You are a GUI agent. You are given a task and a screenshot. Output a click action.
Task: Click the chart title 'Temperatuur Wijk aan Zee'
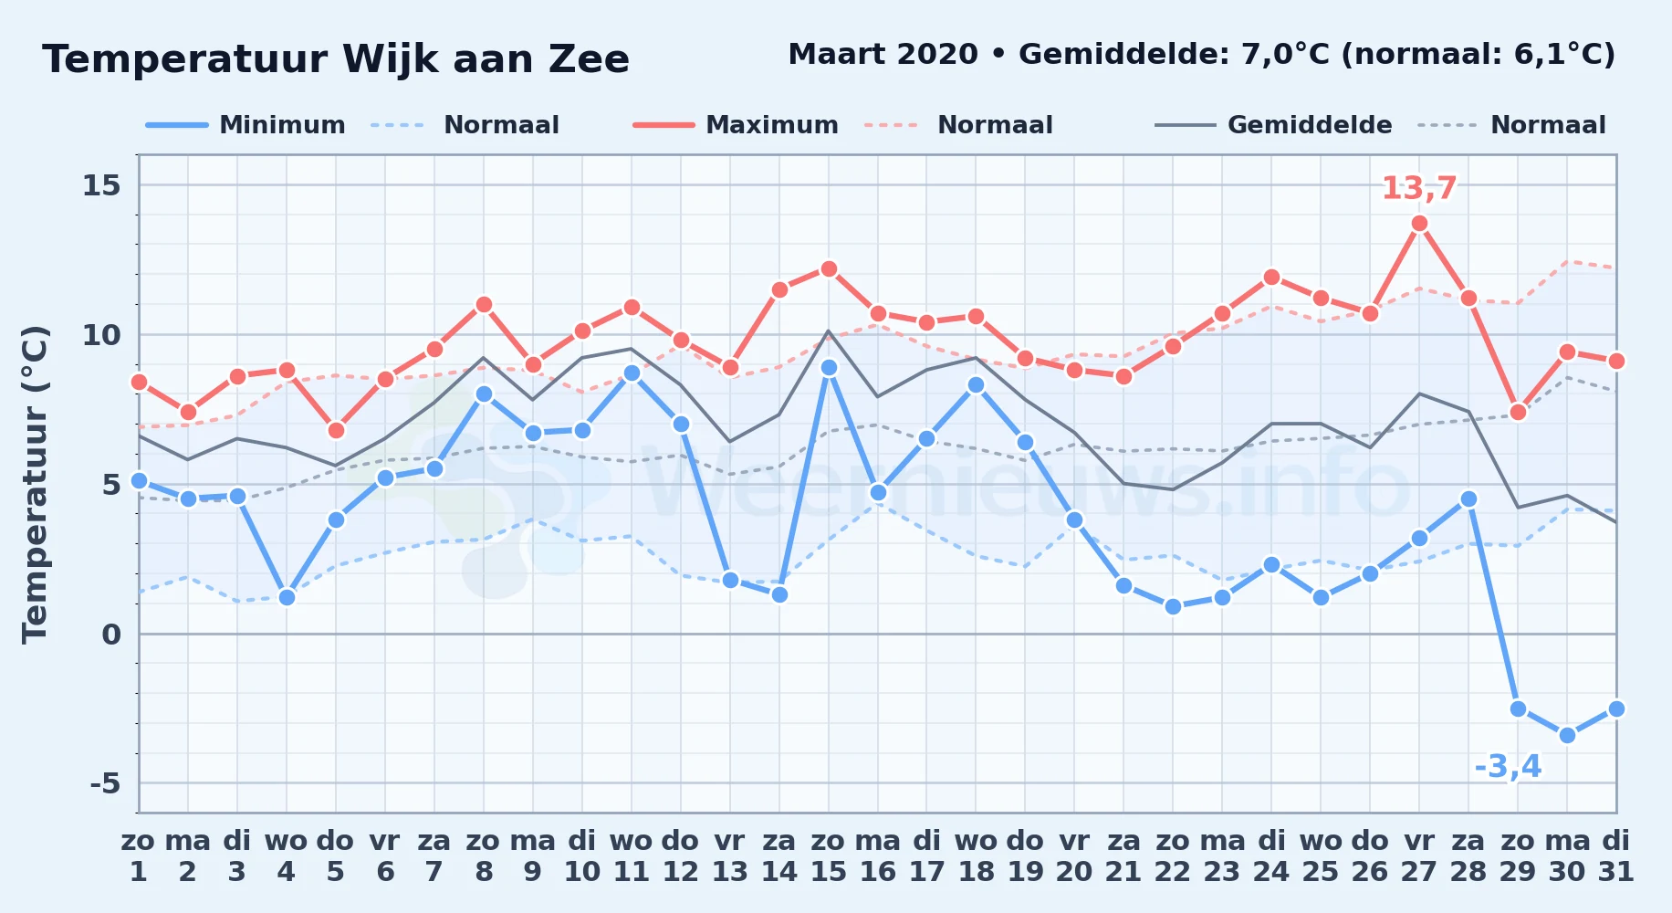point(336,59)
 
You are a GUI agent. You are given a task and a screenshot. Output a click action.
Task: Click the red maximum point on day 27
point(1419,224)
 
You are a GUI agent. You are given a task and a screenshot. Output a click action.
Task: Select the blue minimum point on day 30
point(1567,735)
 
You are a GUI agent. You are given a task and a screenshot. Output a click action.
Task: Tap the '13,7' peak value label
point(1419,188)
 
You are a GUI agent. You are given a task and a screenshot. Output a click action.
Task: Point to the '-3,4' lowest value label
point(1508,767)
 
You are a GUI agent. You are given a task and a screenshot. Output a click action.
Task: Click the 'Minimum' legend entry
point(246,125)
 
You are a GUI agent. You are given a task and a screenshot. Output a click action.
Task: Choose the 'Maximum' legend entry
point(736,125)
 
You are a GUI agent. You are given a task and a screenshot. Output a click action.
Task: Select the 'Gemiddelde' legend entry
point(1273,125)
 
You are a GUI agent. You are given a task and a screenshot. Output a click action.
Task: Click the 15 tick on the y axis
point(101,185)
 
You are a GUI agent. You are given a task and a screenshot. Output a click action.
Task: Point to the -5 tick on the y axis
point(105,783)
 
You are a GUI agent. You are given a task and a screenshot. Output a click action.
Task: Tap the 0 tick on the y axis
point(111,634)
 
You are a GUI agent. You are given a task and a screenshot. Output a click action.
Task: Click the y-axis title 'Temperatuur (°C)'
point(35,484)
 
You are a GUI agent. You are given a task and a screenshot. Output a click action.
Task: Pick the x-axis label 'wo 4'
point(287,856)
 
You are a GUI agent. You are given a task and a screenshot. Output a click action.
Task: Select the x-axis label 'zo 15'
point(829,856)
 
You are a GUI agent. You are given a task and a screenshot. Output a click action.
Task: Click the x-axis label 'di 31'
point(1616,856)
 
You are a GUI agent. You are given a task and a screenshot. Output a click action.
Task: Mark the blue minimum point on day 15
point(829,368)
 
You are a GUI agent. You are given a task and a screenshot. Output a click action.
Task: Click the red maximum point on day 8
point(484,305)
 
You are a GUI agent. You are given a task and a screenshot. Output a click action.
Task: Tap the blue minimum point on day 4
point(287,598)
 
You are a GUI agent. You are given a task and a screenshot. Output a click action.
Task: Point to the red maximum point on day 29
point(1518,413)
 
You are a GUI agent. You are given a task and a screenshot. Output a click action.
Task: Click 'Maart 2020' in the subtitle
point(883,54)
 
